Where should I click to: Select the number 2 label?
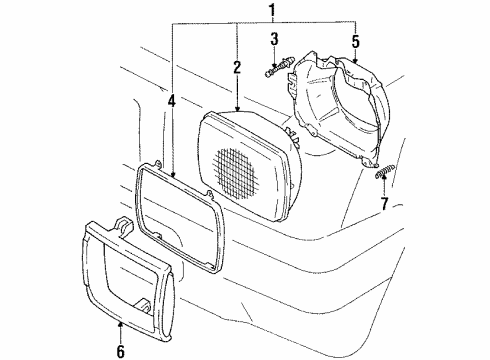237,68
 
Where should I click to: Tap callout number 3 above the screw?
272,39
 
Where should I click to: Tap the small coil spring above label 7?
379,175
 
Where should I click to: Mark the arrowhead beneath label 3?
272,61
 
